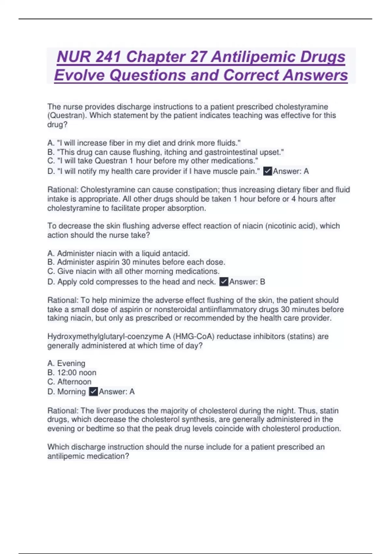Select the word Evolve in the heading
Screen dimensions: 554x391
pos(79,75)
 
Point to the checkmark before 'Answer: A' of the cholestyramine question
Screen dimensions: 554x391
pos(268,171)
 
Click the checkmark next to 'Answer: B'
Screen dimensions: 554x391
pos(224,282)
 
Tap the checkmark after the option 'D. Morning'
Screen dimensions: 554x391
pos(93,392)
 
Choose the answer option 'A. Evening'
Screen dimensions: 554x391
pos(66,363)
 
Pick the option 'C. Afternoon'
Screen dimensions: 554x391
pos(69,382)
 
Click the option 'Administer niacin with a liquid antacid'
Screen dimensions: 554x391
pos(119,254)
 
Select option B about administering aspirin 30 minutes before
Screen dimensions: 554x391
pos(136,262)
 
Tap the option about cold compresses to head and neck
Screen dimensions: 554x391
pos(132,282)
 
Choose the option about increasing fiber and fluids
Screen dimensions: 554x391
pos(144,143)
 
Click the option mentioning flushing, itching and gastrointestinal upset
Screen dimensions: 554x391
pos(166,152)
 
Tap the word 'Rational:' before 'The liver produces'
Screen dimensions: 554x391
pos(63,411)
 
